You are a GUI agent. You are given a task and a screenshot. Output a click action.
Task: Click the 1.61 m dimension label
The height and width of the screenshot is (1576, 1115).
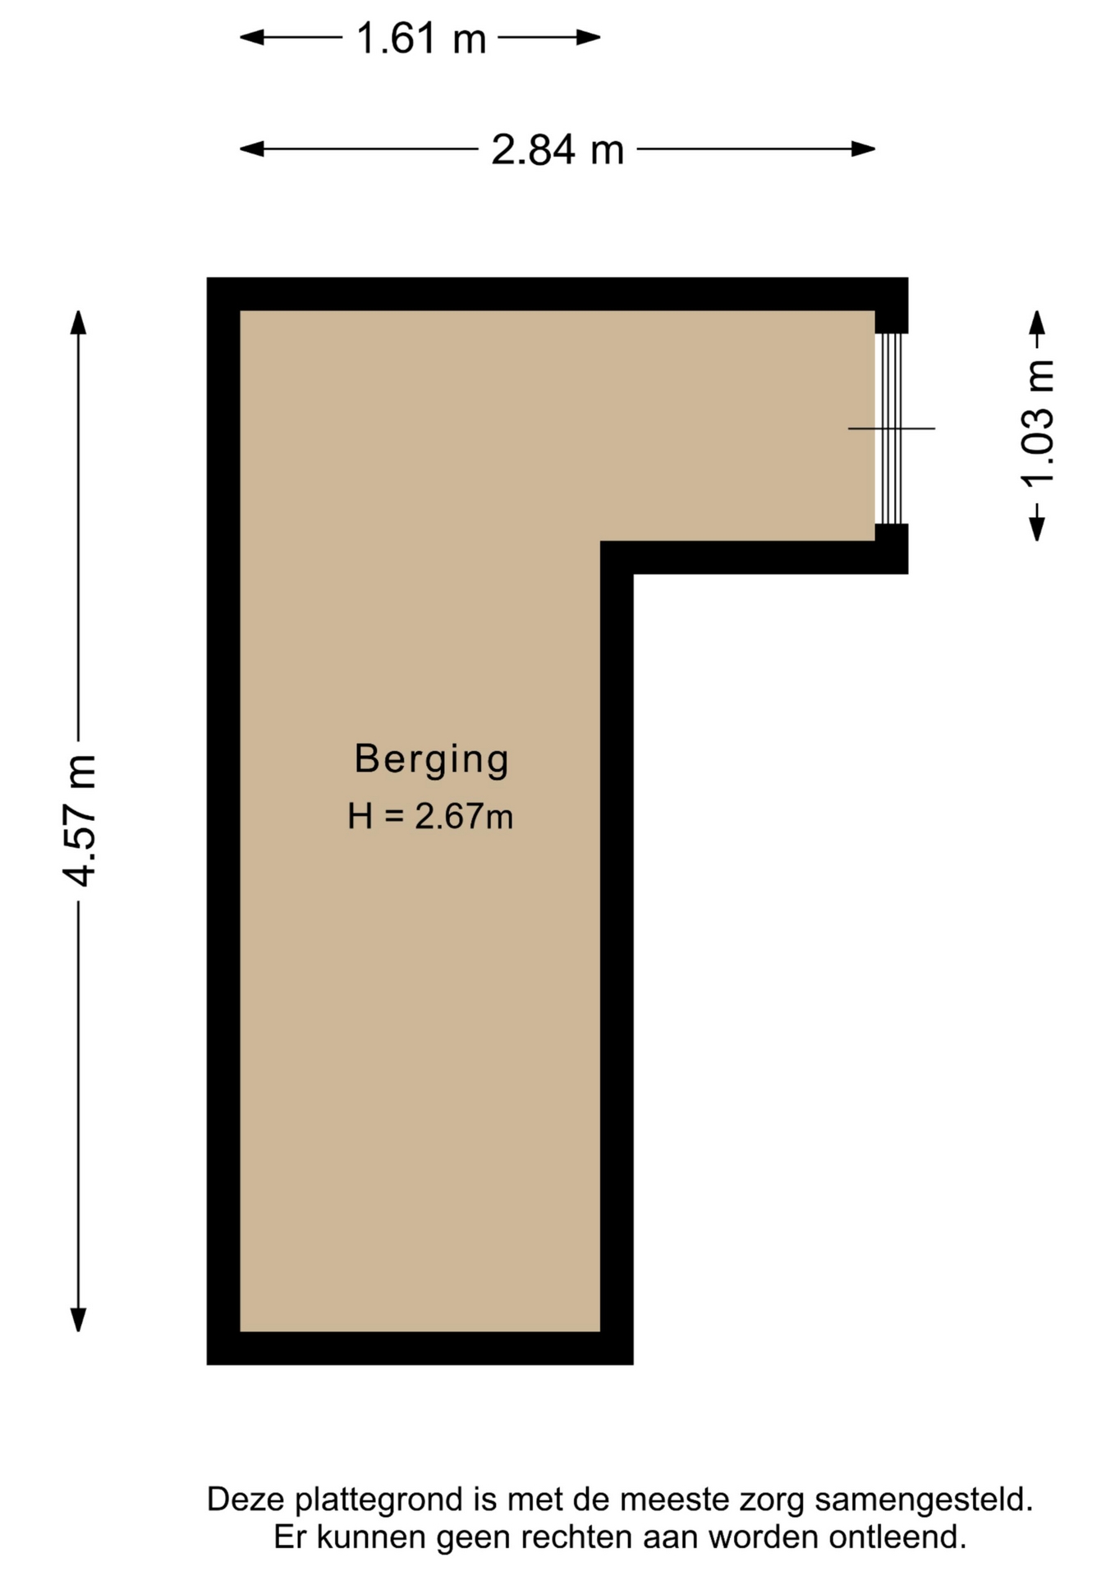click(x=421, y=39)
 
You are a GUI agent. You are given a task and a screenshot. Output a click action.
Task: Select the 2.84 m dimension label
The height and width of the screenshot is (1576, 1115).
click(x=557, y=150)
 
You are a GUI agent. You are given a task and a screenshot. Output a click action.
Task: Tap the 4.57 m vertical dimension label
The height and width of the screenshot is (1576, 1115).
click(x=80, y=820)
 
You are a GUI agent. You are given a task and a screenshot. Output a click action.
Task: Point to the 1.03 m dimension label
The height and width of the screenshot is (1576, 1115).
click(x=1038, y=423)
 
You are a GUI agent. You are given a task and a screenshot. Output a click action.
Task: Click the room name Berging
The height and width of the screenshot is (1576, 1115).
click(x=432, y=760)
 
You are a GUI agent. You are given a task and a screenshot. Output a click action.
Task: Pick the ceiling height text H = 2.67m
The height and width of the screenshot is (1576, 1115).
click(x=430, y=817)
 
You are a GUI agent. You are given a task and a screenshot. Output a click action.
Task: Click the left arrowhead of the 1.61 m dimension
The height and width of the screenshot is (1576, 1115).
click(x=251, y=37)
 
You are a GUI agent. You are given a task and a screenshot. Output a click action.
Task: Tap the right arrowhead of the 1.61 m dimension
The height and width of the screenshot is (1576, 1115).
click(x=589, y=37)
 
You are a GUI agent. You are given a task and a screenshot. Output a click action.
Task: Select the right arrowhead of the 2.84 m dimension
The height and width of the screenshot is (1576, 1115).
click(x=864, y=149)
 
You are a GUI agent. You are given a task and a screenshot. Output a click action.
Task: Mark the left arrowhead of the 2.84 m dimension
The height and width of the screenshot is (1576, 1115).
click(x=251, y=149)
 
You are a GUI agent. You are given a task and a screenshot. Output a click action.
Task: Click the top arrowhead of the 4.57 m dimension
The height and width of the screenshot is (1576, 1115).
click(x=78, y=323)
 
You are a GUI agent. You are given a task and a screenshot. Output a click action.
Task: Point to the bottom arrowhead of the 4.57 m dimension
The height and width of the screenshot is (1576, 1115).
click(x=78, y=1319)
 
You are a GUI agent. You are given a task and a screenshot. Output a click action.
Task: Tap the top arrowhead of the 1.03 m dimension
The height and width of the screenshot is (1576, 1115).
click(x=1038, y=323)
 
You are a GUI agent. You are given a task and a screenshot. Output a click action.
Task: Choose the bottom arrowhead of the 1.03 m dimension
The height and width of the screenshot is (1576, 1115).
click(x=1038, y=529)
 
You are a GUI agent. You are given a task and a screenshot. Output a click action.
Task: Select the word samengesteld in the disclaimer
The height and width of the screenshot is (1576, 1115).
click(x=924, y=1500)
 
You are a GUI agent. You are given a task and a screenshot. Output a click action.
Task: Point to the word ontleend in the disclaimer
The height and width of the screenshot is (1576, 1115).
click(x=898, y=1537)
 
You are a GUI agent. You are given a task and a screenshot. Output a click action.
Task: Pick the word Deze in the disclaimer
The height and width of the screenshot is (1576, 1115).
click(x=246, y=1500)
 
